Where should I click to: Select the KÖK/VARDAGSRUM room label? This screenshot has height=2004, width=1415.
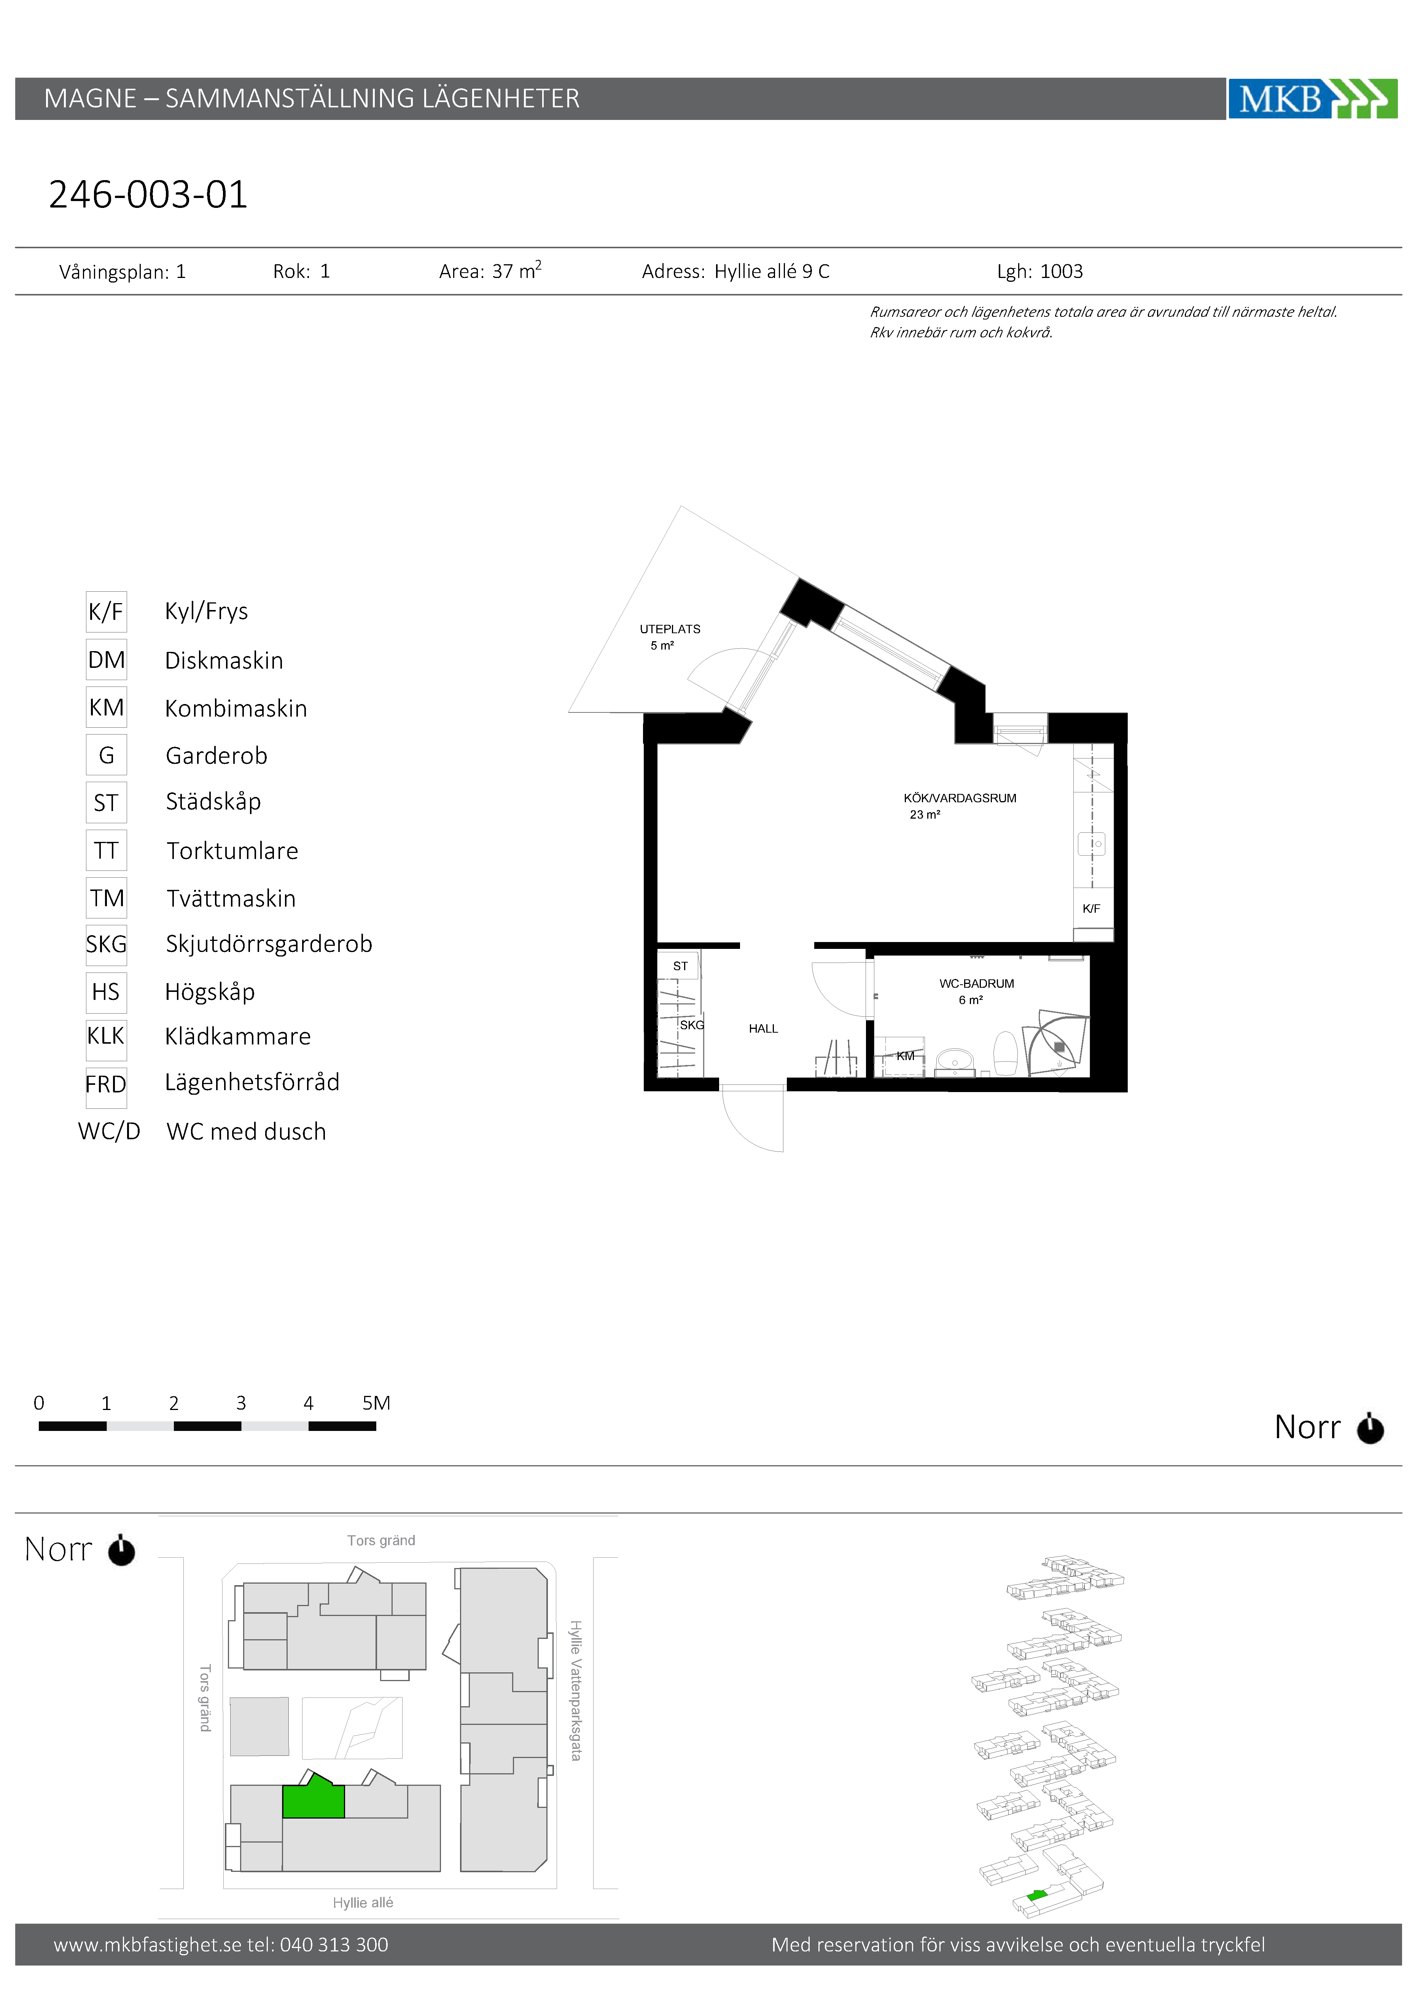(x=960, y=798)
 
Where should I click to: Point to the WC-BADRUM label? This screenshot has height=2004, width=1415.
(x=976, y=984)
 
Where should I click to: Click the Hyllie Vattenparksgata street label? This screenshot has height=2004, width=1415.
(x=576, y=1691)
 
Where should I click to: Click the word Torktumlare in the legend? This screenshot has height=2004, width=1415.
(x=232, y=851)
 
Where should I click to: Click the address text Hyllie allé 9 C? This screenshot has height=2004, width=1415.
(x=772, y=271)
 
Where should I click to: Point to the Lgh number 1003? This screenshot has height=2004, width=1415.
(x=1062, y=271)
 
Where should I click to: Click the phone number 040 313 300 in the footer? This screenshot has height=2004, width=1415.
(x=334, y=1945)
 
